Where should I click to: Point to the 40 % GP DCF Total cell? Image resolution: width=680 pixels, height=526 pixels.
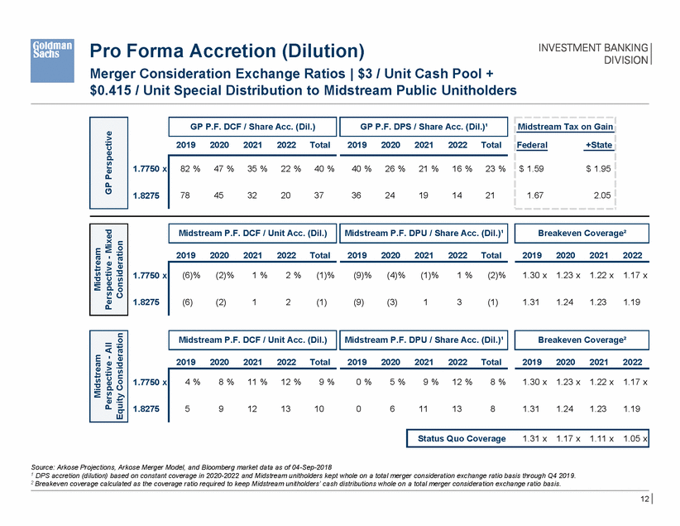[x=318, y=169]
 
